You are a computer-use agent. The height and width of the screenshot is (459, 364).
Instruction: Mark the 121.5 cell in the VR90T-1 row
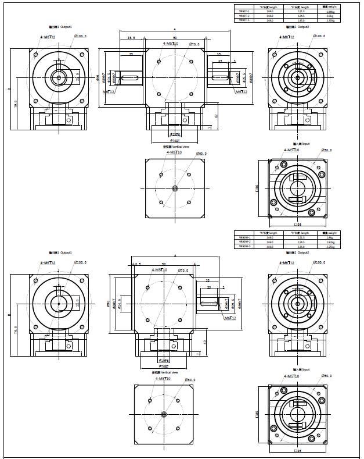click(x=301, y=11)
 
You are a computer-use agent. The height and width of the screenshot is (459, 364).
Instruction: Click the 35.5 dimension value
click(x=131, y=37)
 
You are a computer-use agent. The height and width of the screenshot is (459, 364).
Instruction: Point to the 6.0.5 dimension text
click(x=136, y=264)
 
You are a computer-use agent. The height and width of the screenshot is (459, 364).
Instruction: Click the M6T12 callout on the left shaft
click(x=109, y=92)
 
